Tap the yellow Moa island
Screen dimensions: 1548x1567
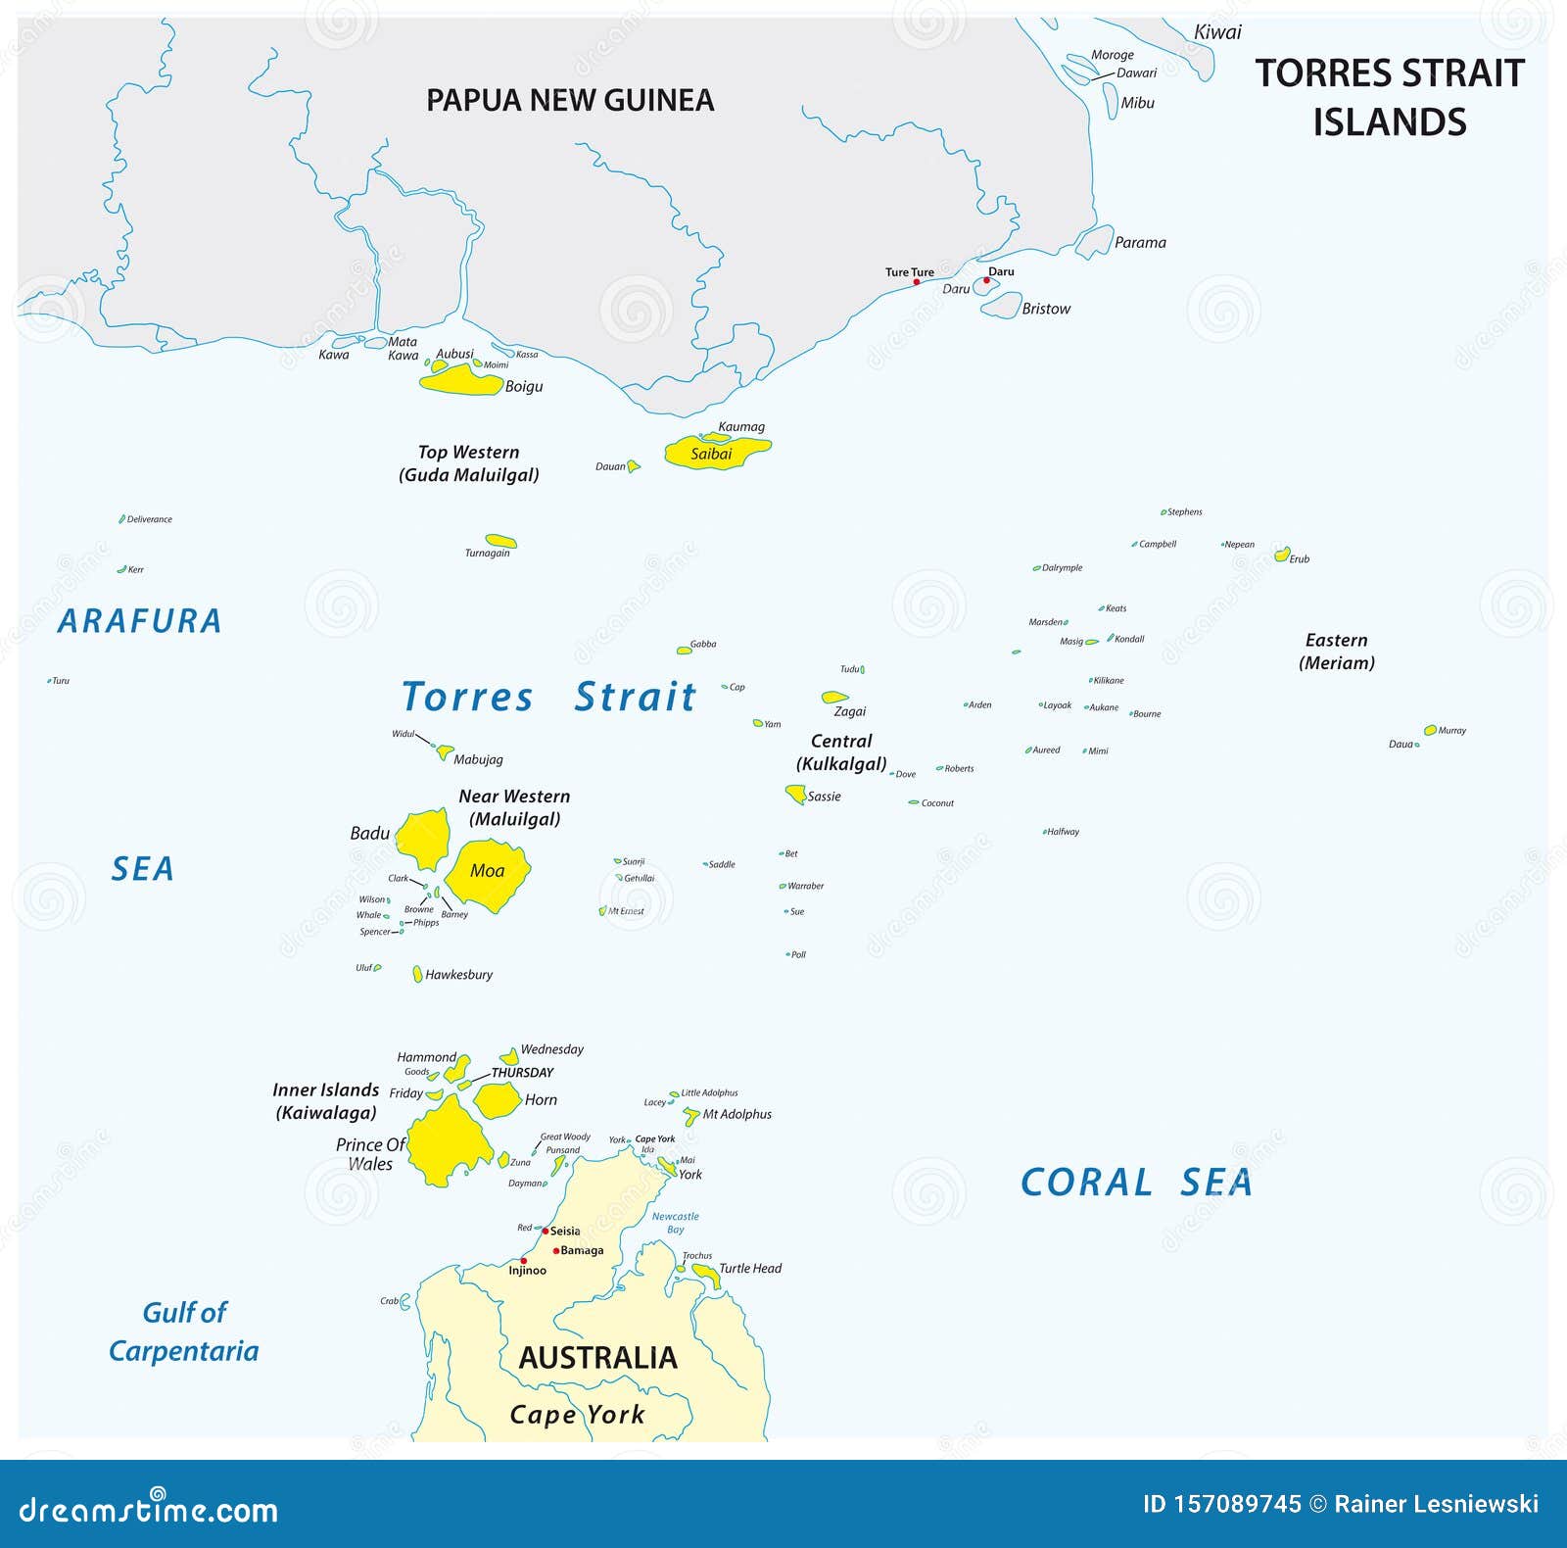(x=487, y=871)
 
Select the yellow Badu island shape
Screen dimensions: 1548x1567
(x=424, y=839)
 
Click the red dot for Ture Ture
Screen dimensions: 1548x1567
(x=917, y=282)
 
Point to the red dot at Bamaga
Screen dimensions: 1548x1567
(x=556, y=1251)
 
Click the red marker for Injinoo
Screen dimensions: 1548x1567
(x=524, y=1261)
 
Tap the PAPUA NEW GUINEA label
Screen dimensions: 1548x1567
(x=570, y=100)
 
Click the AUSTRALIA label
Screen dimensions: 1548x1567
(x=597, y=1358)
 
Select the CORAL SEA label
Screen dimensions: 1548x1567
(x=1136, y=1183)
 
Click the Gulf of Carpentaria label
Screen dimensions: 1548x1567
(x=184, y=1331)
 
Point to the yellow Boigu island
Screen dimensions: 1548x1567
(x=460, y=380)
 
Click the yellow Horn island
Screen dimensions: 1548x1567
(x=497, y=1099)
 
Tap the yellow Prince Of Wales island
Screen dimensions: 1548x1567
(x=449, y=1140)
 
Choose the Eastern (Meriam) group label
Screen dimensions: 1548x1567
(x=1336, y=652)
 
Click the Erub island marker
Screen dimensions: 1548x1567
(x=1282, y=555)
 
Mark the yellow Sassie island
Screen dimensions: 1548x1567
(x=795, y=794)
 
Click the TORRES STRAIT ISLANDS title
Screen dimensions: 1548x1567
(x=1390, y=97)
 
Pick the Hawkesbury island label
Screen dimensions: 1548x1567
(x=458, y=975)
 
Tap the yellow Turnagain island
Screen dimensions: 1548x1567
(x=500, y=541)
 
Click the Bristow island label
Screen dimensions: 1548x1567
(x=1046, y=309)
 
